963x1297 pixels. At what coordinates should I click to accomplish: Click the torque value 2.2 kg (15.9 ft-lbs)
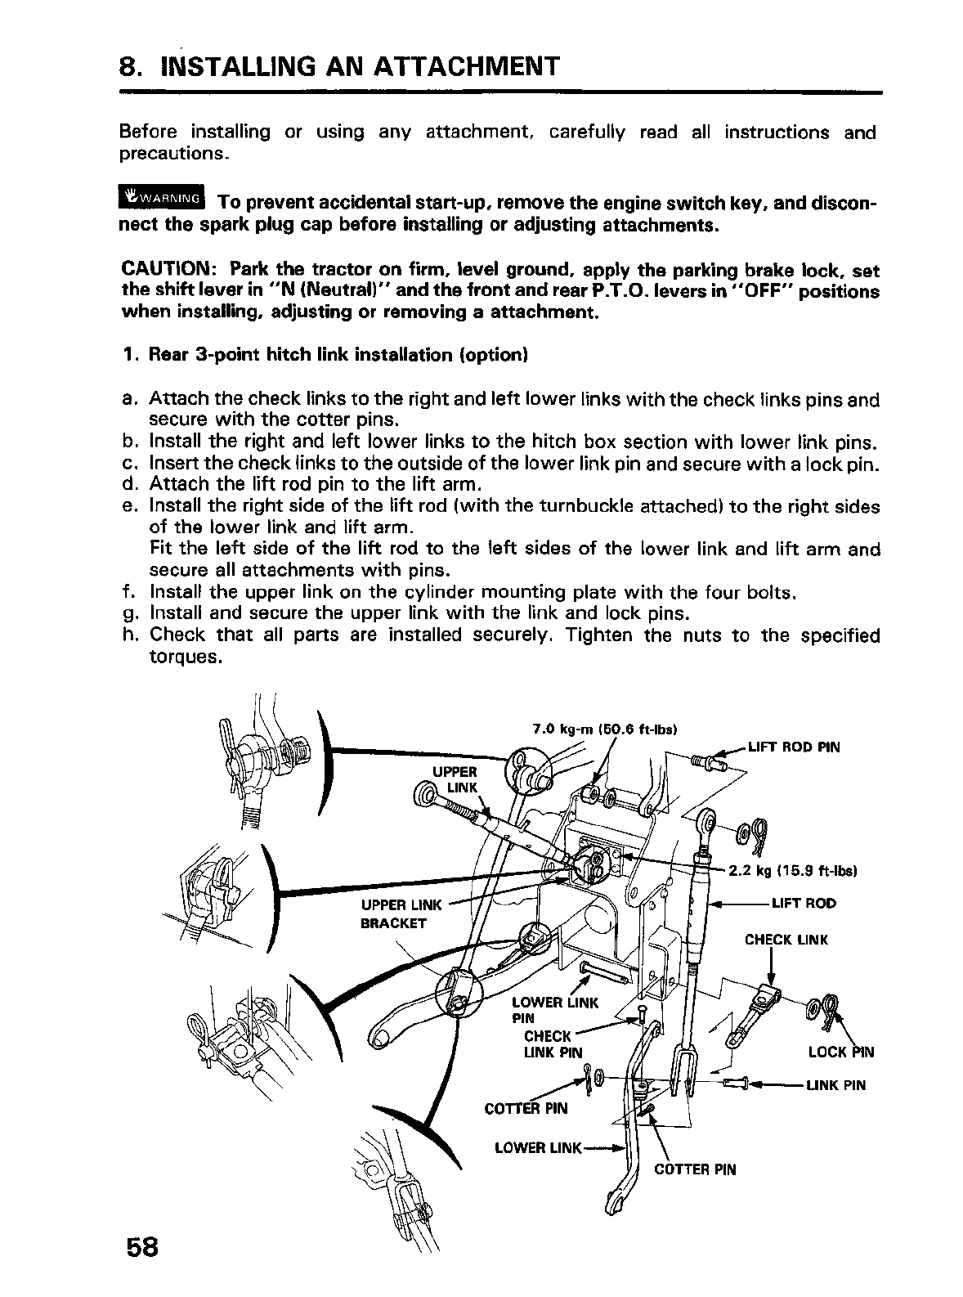point(791,871)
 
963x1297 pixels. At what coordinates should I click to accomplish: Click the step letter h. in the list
point(128,635)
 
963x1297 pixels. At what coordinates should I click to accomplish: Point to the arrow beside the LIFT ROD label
point(737,904)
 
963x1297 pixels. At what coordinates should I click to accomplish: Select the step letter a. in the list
point(128,400)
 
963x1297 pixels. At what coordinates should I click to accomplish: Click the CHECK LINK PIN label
point(553,1043)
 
